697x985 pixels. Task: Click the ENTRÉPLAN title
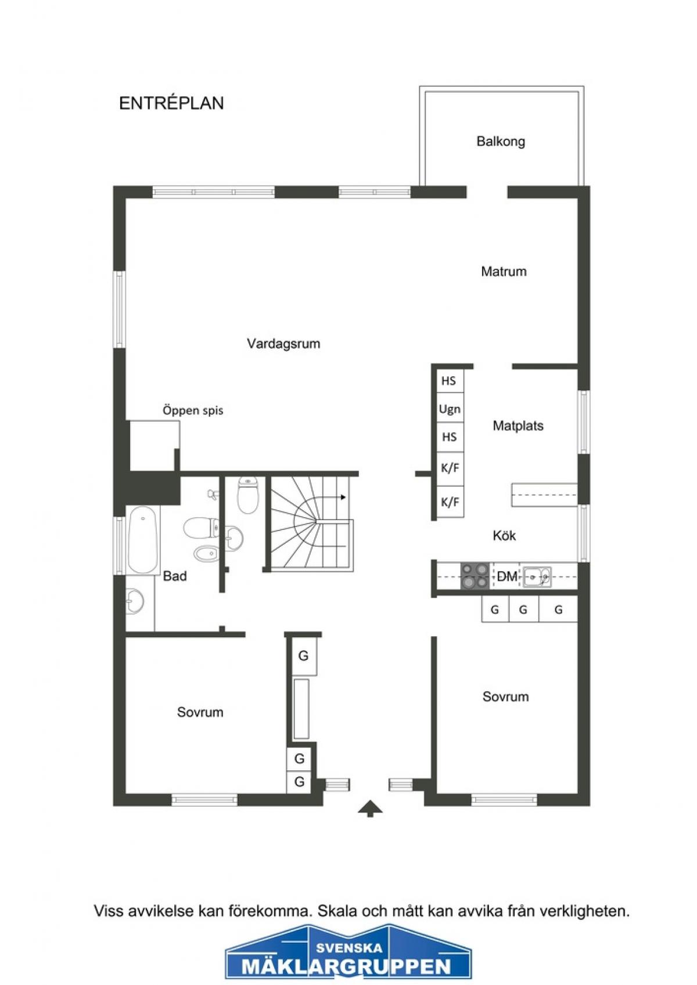[171, 103]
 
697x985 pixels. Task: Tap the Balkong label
[501, 142]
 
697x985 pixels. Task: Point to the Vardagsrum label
[283, 344]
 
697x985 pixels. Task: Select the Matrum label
[504, 271]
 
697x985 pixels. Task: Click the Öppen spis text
[193, 411]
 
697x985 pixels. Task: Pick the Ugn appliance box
[450, 409]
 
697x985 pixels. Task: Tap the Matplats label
[518, 425]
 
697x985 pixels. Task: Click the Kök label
[504, 536]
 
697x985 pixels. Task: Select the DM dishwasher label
[507, 576]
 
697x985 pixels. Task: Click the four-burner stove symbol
[475, 576]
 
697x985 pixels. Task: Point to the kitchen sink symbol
[537, 576]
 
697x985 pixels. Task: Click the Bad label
[175, 576]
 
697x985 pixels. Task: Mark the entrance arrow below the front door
[369, 808]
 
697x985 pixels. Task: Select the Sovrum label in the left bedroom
[200, 712]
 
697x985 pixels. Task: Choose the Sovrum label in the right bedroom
[505, 697]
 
